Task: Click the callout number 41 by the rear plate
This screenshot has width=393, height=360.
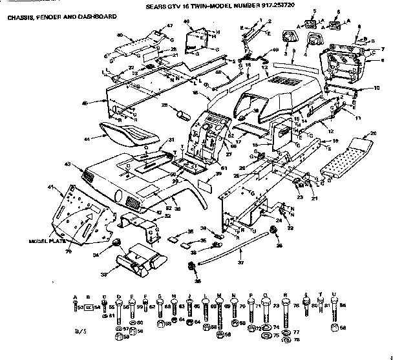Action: [51, 187]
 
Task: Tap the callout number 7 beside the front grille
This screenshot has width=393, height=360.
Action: [383, 49]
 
